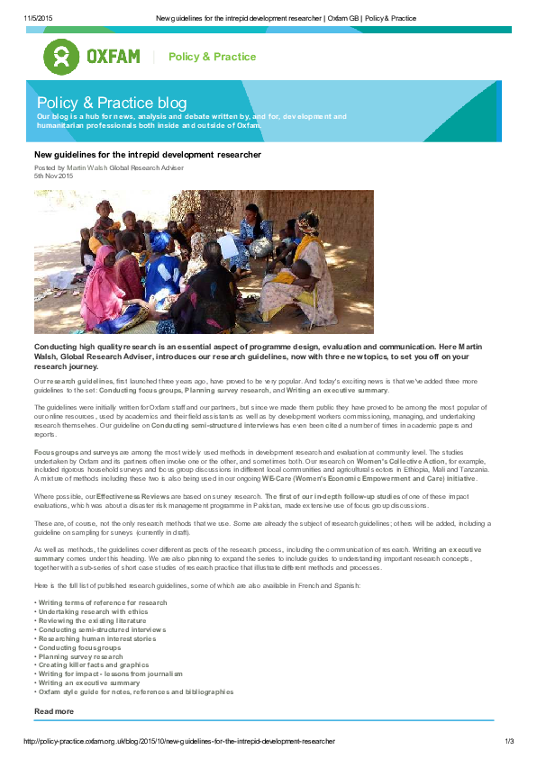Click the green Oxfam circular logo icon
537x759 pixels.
coord(61,57)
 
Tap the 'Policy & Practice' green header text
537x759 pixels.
coord(212,57)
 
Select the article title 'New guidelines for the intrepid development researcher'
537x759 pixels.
coord(148,155)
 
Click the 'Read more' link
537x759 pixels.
coord(53,711)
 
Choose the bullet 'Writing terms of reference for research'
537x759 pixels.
coord(102,602)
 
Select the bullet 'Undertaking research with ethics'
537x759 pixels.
coord(92,611)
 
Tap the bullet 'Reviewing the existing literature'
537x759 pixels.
coord(92,620)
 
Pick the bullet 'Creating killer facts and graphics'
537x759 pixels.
coord(93,664)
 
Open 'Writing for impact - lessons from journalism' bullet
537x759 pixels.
coord(110,673)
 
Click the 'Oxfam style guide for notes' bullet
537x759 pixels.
coord(135,691)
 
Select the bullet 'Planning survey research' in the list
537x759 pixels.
coord(81,656)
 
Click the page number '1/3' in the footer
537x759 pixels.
coord(508,741)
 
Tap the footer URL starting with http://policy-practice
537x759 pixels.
coord(178,741)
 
